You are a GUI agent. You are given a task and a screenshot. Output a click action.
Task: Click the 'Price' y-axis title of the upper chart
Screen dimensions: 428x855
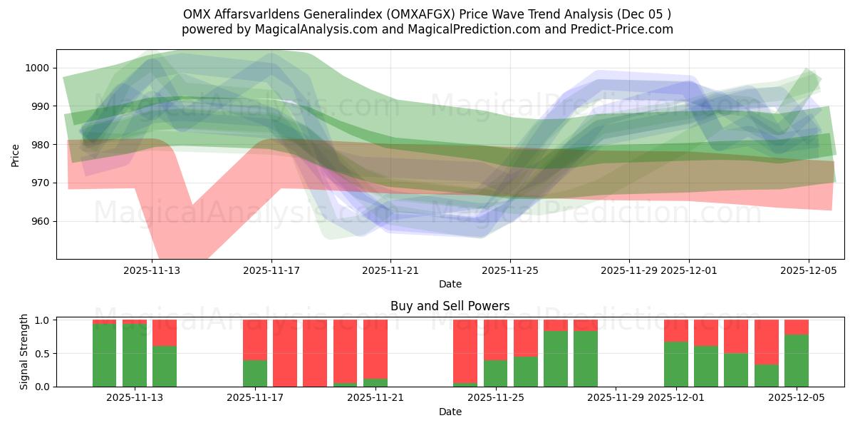pyautogui.click(x=16, y=154)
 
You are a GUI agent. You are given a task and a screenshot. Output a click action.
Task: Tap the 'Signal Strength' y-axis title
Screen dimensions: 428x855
pyautogui.click(x=24, y=352)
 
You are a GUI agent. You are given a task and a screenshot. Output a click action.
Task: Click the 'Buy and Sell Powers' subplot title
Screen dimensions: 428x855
pyautogui.click(x=450, y=306)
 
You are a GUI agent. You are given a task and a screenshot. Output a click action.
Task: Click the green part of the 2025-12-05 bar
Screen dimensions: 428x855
pyautogui.click(x=796, y=360)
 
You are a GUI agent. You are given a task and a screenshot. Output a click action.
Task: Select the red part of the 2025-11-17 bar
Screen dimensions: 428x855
pyautogui.click(x=255, y=340)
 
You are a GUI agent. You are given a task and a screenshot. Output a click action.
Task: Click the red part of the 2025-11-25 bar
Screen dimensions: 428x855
pyautogui.click(x=495, y=340)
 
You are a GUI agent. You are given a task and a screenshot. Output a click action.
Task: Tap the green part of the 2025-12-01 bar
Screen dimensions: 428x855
pyautogui.click(x=676, y=364)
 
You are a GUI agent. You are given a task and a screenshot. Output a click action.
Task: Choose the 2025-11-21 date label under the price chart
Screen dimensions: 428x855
pyautogui.click(x=390, y=270)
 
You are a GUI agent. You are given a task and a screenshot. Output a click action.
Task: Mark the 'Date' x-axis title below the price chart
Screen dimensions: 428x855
pyautogui.click(x=450, y=284)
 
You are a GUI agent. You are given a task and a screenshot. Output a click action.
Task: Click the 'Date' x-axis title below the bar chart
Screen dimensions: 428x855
pyautogui.click(x=450, y=412)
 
